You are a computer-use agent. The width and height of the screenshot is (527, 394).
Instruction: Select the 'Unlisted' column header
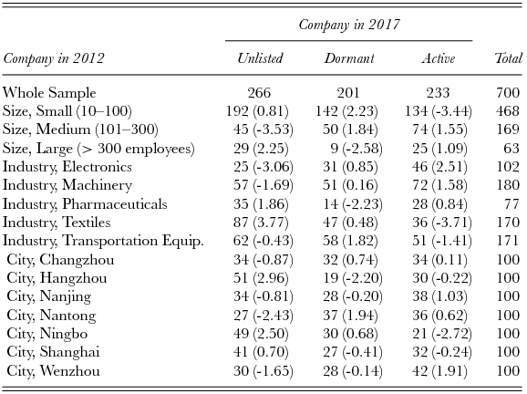point(260,59)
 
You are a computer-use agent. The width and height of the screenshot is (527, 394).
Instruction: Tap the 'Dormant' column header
point(348,59)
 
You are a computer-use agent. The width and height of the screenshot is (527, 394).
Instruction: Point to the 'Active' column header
point(438,59)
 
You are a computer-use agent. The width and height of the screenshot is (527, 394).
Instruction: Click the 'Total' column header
point(507,59)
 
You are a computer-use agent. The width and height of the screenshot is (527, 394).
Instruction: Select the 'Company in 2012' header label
point(54,59)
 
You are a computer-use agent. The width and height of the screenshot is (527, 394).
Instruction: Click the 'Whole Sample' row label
point(49,92)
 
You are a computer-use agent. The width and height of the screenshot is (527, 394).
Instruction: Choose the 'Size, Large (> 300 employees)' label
point(98,148)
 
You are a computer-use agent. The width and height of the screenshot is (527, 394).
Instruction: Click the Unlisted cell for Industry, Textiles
point(260,222)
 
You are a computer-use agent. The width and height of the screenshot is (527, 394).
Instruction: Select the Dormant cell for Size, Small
point(348,111)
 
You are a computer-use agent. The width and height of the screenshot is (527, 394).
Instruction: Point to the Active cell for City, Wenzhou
point(438,370)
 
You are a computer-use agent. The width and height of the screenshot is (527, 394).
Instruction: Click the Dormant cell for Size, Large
point(348,148)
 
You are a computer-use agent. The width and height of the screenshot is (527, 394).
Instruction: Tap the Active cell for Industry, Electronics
point(438,167)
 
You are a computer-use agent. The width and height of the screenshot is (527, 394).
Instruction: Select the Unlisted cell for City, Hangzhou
point(260,277)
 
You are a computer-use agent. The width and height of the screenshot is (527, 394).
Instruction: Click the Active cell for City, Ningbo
point(438,333)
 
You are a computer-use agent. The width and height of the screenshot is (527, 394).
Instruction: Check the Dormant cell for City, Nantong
point(348,315)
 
